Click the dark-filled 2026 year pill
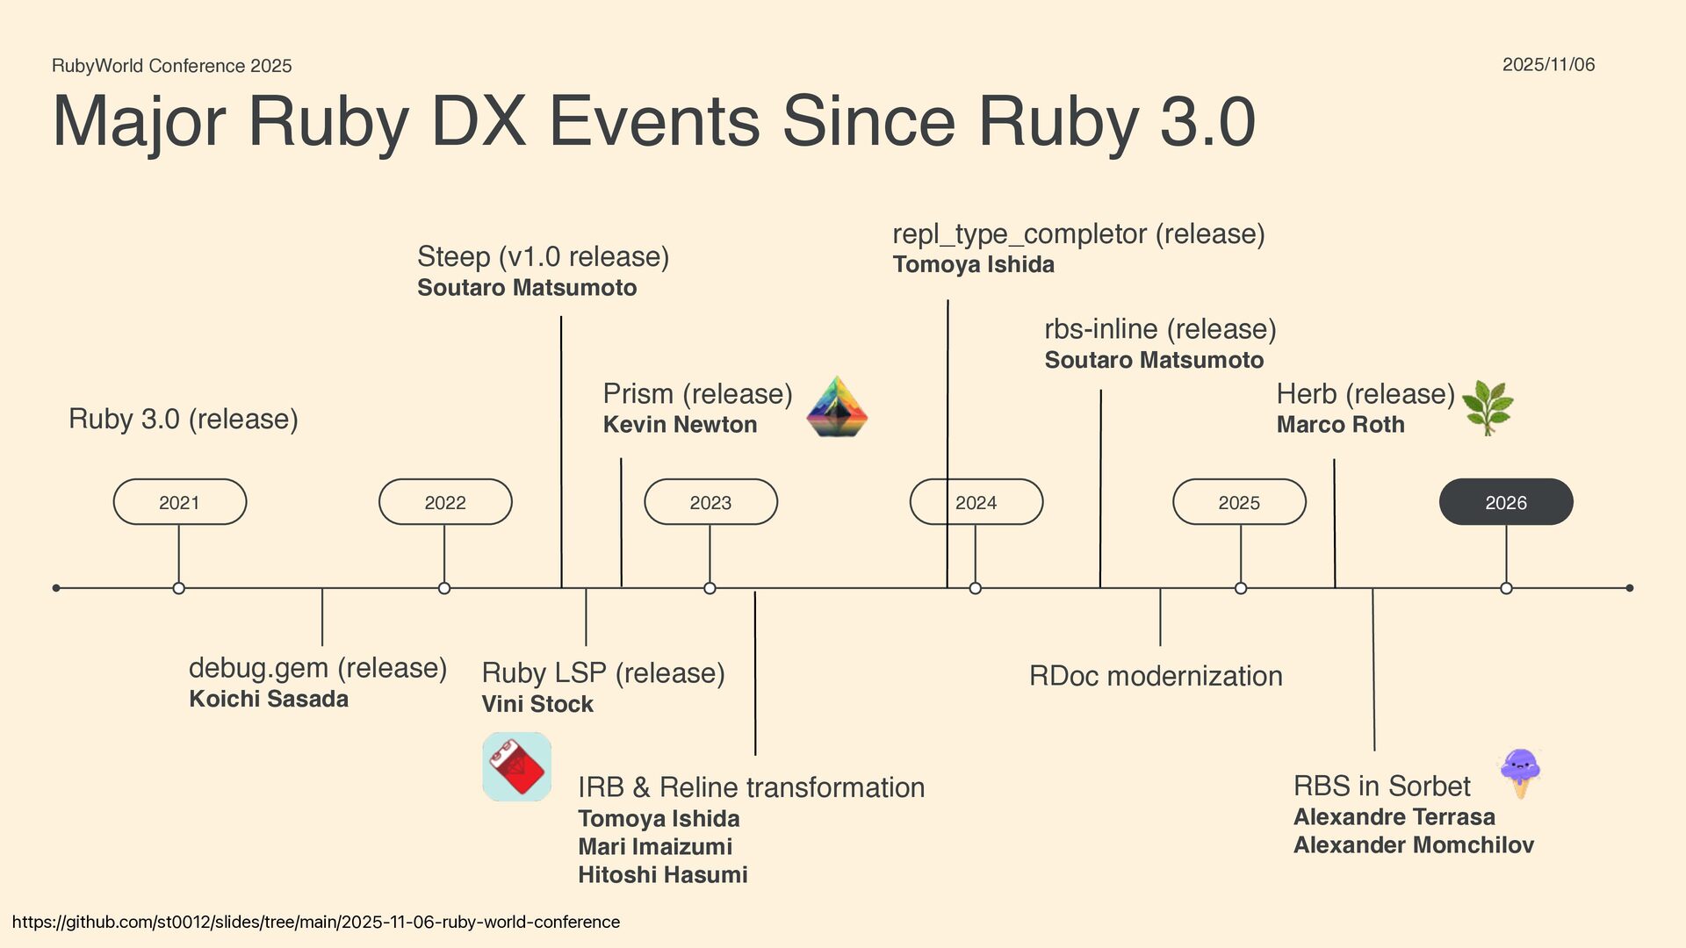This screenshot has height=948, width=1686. (1506, 502)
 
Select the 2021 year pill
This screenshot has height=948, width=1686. (180, 502)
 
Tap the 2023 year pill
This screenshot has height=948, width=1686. (710, 502)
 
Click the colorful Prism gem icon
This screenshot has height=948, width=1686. (837, 407)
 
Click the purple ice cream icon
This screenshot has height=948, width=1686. (1520, 772)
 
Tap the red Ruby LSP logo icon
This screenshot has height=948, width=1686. (517, 766)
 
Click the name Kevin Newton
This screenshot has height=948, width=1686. (680, 425)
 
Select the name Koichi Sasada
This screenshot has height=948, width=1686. (269, 700)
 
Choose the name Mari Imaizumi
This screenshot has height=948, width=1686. (655, 847)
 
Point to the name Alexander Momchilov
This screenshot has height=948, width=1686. (1413, 845)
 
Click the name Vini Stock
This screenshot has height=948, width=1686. (537, 704)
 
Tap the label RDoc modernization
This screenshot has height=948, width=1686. (1156, 676)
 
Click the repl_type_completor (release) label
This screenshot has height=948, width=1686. (1078, 234)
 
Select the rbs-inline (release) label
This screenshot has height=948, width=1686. (1160, 329)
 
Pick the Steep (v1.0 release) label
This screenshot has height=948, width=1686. (543, 257)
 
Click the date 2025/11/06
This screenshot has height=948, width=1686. (1548, 65)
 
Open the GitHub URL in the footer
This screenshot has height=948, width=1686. (316, 922)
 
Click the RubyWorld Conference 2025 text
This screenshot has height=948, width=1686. (172, 66)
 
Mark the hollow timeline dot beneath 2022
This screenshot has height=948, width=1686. (444, 588)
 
